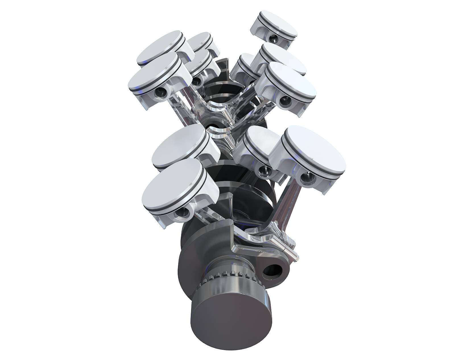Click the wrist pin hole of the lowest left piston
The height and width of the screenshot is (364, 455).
coord(182,212)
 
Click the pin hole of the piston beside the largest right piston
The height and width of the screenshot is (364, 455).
coord(265,171)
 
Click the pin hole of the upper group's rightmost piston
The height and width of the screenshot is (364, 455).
coord(285,100)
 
